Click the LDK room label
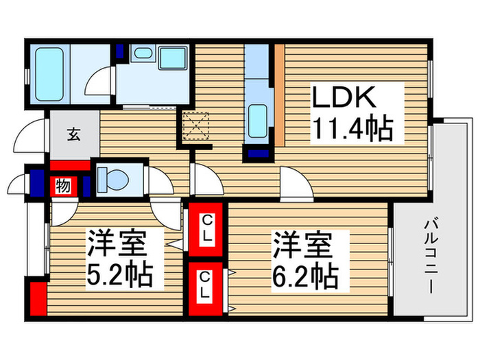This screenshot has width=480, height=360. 344,99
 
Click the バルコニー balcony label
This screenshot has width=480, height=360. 431,255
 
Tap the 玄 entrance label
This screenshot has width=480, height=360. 73,134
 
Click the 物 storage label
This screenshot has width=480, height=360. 62,185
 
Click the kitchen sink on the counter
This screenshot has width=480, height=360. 258,117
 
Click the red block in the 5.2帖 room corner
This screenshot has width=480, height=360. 37,300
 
